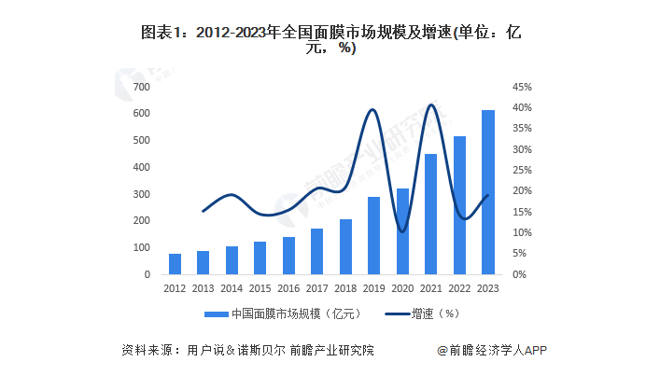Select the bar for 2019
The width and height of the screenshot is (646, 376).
click(x=373, y=235)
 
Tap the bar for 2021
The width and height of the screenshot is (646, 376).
click(x=430, y=214)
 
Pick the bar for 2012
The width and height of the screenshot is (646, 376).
click(x=175, y=264)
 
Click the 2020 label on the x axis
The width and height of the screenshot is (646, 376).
click(x=401, y=288)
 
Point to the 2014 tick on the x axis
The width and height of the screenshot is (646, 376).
click(x=232, y=288)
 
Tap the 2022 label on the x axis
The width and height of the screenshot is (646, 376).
click(x=458, y=288)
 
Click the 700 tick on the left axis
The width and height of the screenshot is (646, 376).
click(x=141, y=86)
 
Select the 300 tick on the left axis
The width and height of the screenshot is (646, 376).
click(x=141, y=194)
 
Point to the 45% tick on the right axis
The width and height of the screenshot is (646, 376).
click(x=522, y=86)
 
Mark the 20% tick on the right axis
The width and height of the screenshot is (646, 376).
click(x=522, y=191)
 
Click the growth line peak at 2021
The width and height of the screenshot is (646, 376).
click(x=430, y=104)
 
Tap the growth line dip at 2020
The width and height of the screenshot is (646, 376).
click(x=401, y=230)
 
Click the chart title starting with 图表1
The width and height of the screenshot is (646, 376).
click(x=323, y=39)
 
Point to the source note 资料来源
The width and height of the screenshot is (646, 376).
click(x=247, y=351)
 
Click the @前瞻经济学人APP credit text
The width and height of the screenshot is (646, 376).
click(x=492, y=351)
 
